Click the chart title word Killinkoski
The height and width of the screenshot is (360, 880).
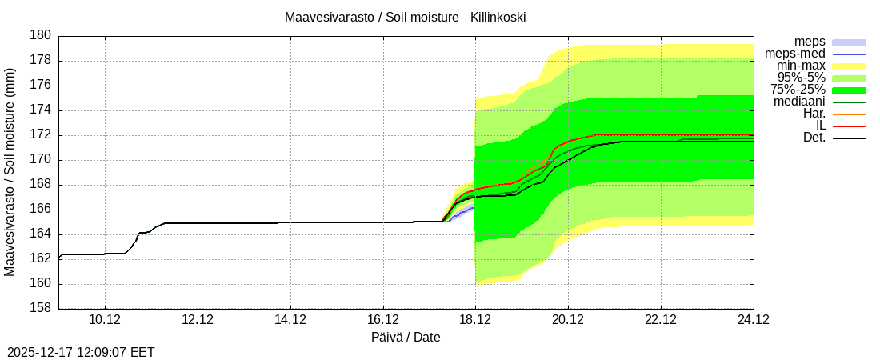coord(498,17)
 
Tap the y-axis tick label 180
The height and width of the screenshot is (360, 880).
coord(42,35)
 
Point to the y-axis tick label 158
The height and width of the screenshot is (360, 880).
coord(42,308)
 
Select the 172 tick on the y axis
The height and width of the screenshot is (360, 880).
coord(42,134)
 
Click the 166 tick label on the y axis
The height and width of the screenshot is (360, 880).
coord(42,209)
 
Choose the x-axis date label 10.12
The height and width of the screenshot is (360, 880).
coord(104,319)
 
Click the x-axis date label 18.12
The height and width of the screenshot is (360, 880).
coord(475,319)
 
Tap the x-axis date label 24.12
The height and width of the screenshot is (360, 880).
coord(753,319)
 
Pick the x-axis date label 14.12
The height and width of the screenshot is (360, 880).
coord(290,319)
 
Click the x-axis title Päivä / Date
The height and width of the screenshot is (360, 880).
coord(406,337)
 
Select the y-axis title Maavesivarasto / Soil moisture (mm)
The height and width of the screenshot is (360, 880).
coord(10,172)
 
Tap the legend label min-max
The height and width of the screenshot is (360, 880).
coord(801,65)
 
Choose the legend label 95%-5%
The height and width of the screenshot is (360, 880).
coord(802,77)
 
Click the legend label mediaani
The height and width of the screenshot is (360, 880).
coord(799,102)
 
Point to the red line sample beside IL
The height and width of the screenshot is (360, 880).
coord(849,126)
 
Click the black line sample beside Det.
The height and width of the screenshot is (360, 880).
coord(849,138)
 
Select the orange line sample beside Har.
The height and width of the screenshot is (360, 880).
coord(849,114)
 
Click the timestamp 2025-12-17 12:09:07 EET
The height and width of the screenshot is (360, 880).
coord(81,351)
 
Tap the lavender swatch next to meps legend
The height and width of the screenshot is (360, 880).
coord(849,42)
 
